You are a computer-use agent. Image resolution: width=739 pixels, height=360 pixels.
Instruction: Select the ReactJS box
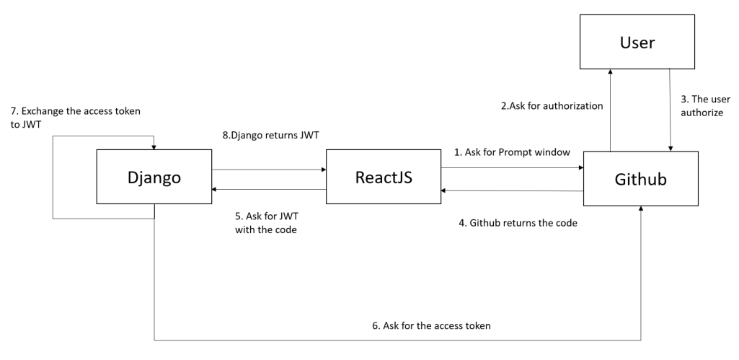pos(383,177)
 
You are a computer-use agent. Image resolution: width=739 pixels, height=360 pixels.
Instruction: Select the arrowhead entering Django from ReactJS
pos(214,189)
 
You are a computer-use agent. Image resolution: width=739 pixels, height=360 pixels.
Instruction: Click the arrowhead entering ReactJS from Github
pos(445,190)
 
